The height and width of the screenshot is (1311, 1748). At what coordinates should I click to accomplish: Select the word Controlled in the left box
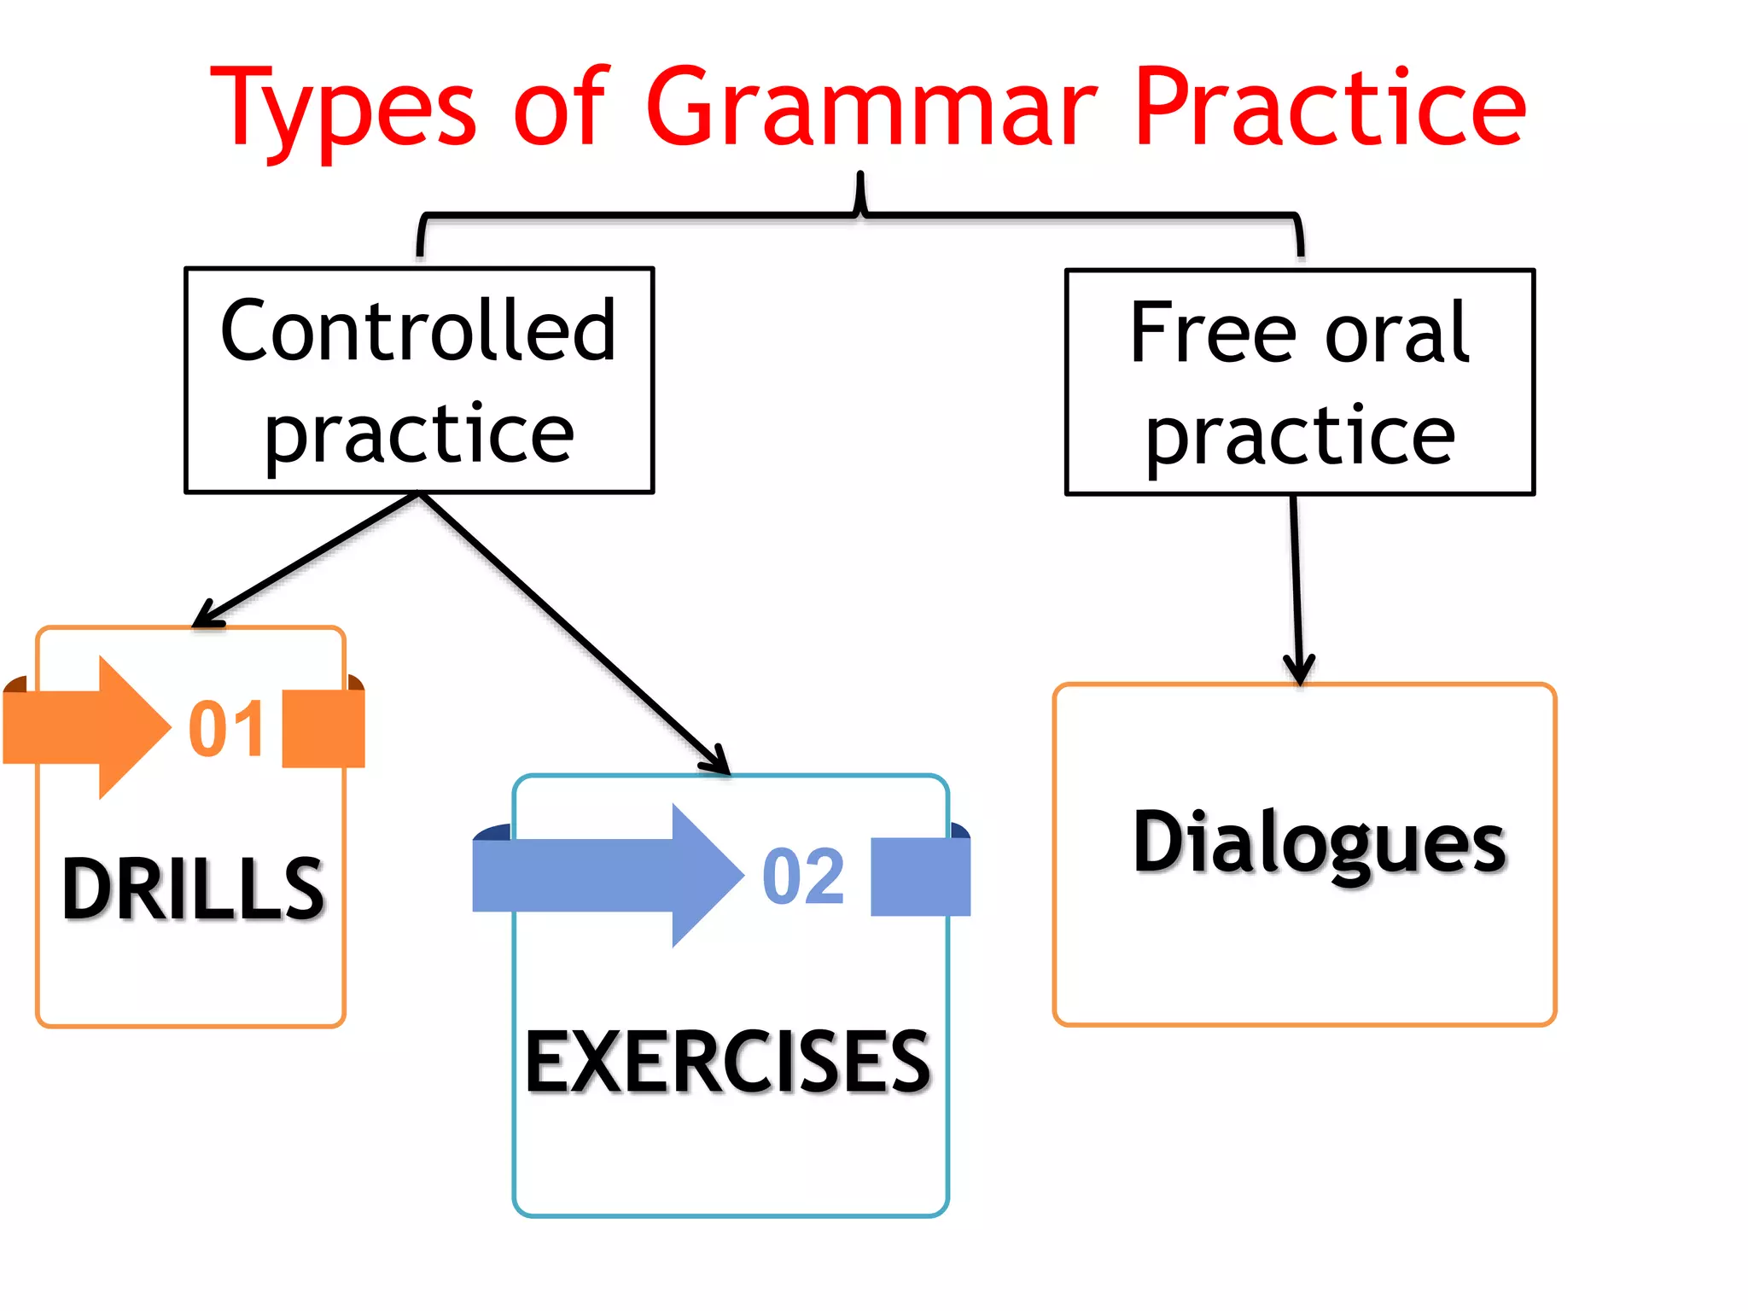417,331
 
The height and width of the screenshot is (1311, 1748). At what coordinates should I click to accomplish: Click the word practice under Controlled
419,434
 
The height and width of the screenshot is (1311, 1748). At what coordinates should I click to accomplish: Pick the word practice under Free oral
1300,435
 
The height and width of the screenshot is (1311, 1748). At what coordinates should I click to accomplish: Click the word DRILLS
193,889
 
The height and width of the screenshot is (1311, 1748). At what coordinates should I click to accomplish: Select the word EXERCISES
727,1062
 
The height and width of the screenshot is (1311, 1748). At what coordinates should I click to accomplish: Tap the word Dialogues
1319,843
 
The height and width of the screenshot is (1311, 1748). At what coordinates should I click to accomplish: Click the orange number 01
226,729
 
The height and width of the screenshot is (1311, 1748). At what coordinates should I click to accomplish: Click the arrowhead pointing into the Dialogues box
1299,670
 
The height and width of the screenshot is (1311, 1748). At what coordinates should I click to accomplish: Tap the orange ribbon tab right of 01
323,729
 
